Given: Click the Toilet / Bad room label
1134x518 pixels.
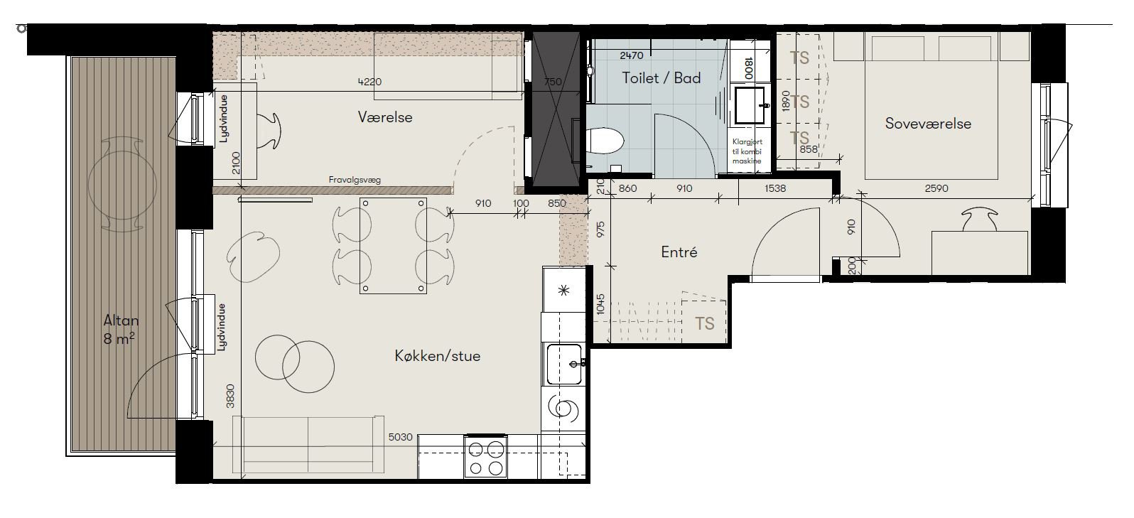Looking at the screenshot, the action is pyautogui.click(x=661, y=78).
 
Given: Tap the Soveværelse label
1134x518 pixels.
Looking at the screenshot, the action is pyautogui.click(x=928, y=124).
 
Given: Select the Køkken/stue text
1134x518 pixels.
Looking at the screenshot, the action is pyautogui.click(x=438, y=356).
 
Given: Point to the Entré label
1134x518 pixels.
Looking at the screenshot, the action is pyautogui.click(x=679, y=252).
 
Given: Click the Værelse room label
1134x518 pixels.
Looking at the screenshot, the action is pyautogui.click(x=385, y=117).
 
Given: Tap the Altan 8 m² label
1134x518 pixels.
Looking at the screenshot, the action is pyautogui.click(x=121, y=330).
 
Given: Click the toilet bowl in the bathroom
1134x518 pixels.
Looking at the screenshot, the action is pyautogui.click(x=605, y=140).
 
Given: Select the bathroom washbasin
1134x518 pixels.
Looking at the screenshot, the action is pyautogui.click(x=750, y=105).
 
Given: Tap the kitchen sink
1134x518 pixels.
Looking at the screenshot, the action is pyautogui.click(x=563, y=364).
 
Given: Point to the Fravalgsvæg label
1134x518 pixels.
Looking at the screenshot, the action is pyautogui.click(x=355, y=180).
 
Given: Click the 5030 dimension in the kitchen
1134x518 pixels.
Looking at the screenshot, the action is pyautogui.click(x=401, y=436).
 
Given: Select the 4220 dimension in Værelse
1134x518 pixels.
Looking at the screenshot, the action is pyautogui.click(x=369, y=82).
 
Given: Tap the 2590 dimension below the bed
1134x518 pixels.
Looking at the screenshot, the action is pyautogui.click(x=936, y=188).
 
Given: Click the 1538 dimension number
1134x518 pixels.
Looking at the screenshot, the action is pyautogui.click(x=775, y=188).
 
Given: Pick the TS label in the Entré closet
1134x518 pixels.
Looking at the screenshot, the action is pyautogui.click(x=704, y=323).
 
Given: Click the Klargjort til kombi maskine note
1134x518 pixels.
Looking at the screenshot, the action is pyautogui.click(x=747, y=151).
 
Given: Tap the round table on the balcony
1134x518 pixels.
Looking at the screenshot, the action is pyautogui.click(x=122, y=185).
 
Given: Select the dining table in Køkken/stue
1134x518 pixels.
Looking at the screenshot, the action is pyautogui.click(x=393, y=246).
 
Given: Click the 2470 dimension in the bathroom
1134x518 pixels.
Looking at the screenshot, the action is pyautogui.click(x=631, y=55).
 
